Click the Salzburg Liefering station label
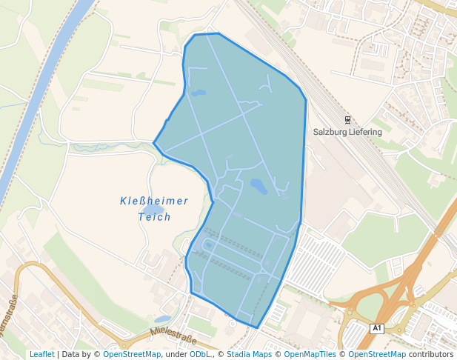(x=347, y=132)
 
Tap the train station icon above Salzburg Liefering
(x=347, y=119)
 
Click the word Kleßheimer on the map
(x=154, y=201)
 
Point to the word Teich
(x=154, y=217)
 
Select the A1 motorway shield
(x=377, y=327)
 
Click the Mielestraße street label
(x=173, y=337)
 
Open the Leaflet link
(x=41, y=354)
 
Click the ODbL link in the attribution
(x=200, y=354)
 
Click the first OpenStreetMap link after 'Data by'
(x=132, y=354)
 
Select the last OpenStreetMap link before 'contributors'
(x=376, y=354)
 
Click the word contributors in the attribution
(x=431, y=354)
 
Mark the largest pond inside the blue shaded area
(x=258, y=186)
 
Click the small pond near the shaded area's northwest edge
(x=199, y=93)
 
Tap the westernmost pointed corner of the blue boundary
(x=153, y=143)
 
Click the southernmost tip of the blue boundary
(x=257, y=327)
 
